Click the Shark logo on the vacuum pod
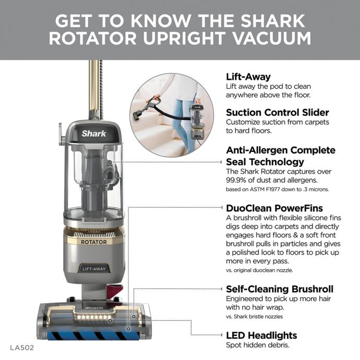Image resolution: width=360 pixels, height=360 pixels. point(94,133)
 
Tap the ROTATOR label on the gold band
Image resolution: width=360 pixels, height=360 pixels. point(94,242)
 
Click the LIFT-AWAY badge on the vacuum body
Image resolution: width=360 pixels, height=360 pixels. point(94,269)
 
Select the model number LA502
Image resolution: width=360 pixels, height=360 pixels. point(22,346)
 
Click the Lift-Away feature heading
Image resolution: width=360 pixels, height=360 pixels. point(248,76)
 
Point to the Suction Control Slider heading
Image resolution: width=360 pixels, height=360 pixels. point(277,112)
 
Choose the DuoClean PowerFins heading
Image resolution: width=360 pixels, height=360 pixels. point(274,208)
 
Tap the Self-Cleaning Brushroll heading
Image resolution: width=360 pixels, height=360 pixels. point(279,289)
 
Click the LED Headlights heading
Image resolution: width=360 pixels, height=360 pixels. point(261,335)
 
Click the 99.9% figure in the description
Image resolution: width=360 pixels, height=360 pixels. point(239,179)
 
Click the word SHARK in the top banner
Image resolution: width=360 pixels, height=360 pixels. point(274,21)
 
